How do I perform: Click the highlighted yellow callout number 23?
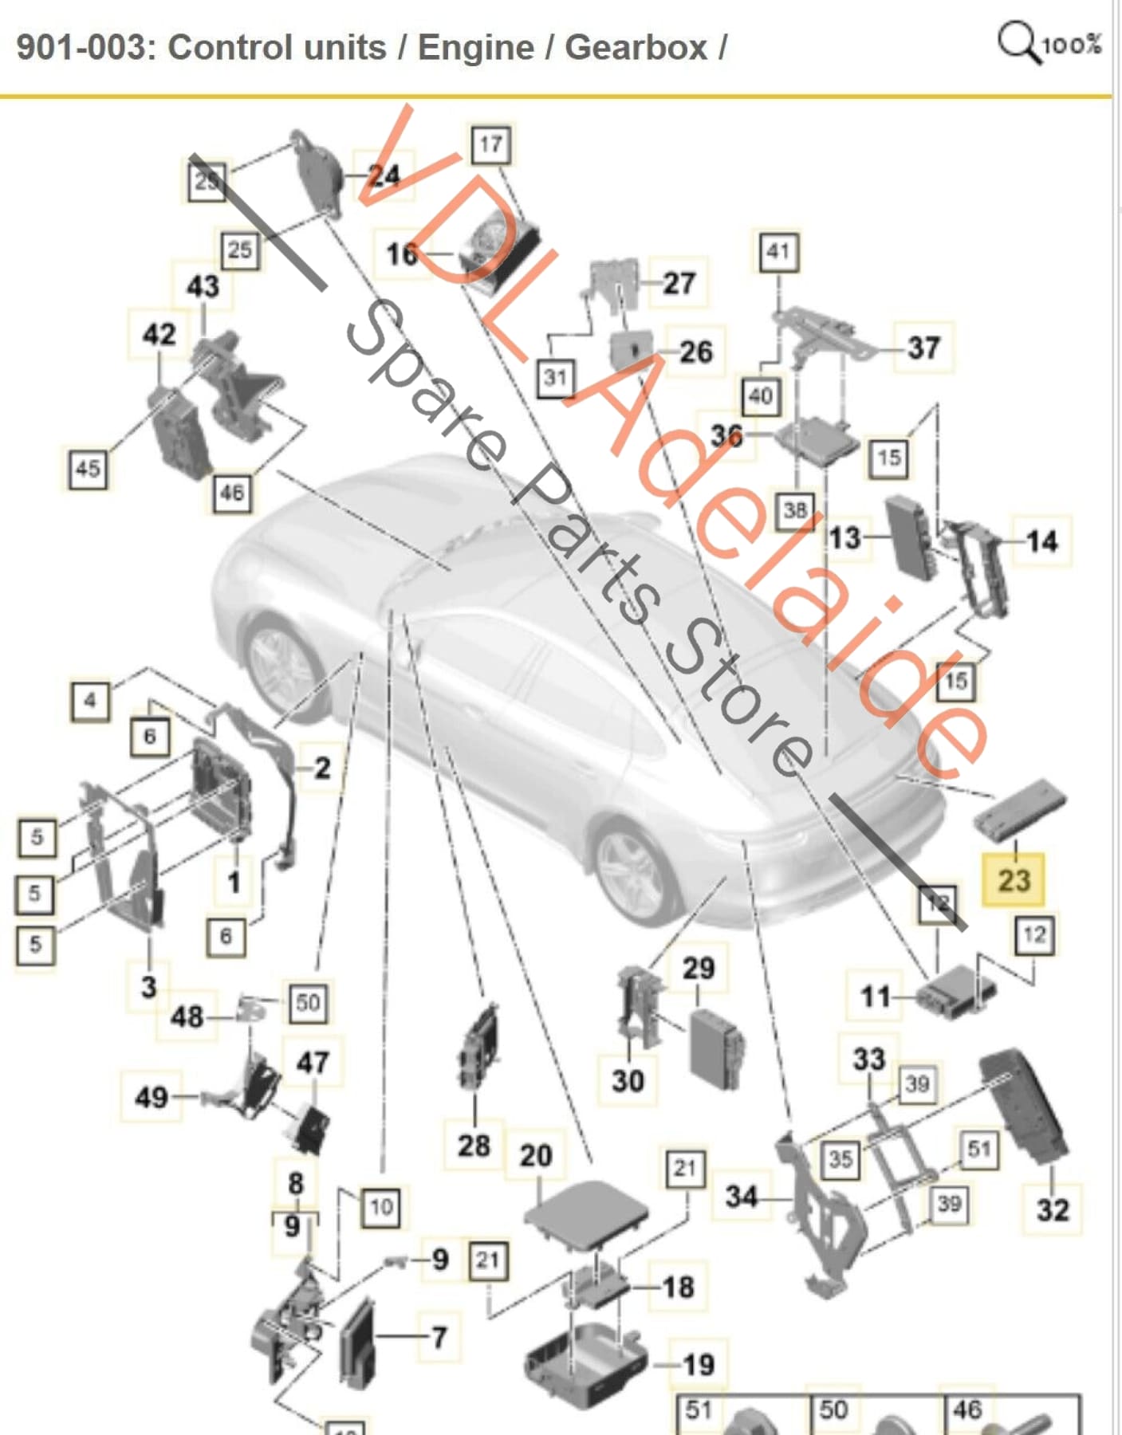coord(1014,880)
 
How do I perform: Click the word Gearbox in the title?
coord(636,48)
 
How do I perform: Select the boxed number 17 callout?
coord(490,144)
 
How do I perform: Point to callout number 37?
coord(923,348)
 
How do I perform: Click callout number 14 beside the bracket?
coord(1042,541)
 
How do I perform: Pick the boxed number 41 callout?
coord(778,252)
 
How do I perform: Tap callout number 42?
coord(159,334)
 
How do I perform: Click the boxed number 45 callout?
coord(88,468)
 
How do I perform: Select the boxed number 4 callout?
coord(90,702)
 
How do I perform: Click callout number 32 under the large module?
coord(1052,1209)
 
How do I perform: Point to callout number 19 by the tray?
coord(699,1364)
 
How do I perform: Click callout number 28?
coord(474,1146)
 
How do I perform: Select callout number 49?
coord(152,1098)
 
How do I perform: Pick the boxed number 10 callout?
coord(380,1207)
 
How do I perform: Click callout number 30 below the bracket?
coord(628,1081)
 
